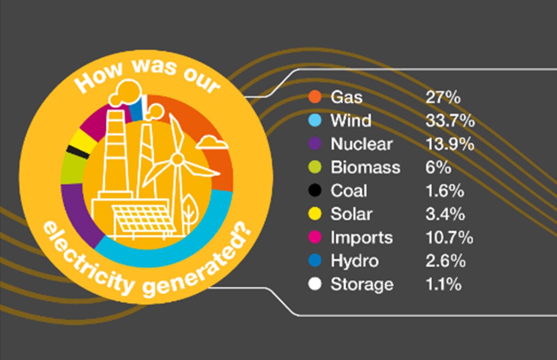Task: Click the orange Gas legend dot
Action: tap(314, 97)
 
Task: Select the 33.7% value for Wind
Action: tap(449, 121)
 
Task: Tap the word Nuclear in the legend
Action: tap(361, 144)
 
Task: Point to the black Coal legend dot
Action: tap(314, 191)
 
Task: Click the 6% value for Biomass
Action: tap(438, 167)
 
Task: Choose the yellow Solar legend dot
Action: tap(314, 214)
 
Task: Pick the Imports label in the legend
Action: tap(361, 238)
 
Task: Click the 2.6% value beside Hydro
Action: tap(445, 261)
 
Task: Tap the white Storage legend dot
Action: tap(314, 284)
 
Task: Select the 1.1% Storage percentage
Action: tap(443, 284)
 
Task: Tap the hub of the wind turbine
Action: tap(177, 158)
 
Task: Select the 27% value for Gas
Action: tap(442, 97)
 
